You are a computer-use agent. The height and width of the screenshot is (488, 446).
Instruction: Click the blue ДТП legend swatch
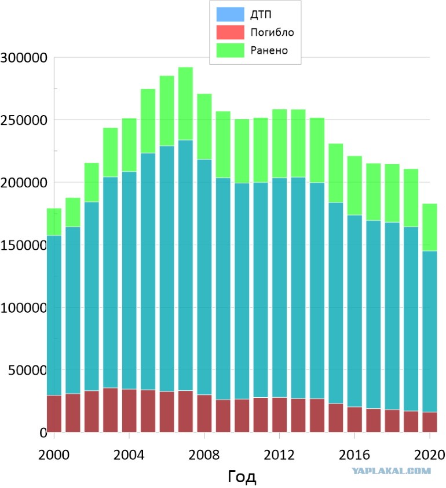230,14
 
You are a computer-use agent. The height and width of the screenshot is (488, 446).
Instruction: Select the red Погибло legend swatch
230,32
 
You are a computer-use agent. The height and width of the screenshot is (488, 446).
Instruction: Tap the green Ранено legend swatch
230,50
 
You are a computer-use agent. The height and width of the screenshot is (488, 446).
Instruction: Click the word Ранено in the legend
269,50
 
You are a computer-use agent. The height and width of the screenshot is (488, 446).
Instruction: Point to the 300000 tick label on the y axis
23,58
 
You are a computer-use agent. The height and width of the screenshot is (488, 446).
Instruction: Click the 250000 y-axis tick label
23,120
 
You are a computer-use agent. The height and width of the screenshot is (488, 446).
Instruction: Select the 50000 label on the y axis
27,371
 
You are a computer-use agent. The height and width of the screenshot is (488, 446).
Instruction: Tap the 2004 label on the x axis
129,455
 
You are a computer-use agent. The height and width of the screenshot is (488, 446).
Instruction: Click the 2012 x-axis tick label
279,455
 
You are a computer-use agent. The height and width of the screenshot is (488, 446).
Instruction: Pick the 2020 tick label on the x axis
429,455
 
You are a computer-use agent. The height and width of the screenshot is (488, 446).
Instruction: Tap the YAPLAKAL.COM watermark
391,471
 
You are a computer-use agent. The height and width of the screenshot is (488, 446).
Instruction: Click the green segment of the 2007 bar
185,103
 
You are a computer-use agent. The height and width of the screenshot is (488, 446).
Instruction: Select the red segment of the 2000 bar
54,413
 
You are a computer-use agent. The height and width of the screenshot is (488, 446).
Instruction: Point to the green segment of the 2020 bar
429,227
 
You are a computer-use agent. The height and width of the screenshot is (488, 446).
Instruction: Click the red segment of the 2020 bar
429,422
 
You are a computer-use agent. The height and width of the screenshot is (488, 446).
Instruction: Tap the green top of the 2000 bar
54,222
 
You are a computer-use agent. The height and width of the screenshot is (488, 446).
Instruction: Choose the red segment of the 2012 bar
279,415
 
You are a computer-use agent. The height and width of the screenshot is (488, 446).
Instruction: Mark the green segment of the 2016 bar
354,186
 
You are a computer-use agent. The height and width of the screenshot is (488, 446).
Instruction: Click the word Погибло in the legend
272,32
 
